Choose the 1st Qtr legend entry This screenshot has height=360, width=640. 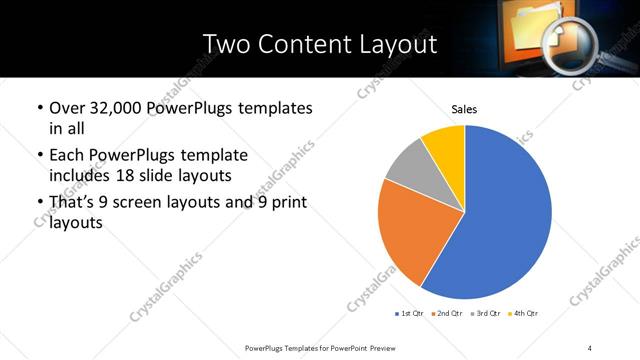(410, 314)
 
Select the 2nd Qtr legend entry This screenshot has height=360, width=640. (446, 314)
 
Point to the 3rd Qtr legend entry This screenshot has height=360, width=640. (483, 314)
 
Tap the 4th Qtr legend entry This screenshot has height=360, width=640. (523, 314)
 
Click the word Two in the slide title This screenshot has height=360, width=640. (225, 44)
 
